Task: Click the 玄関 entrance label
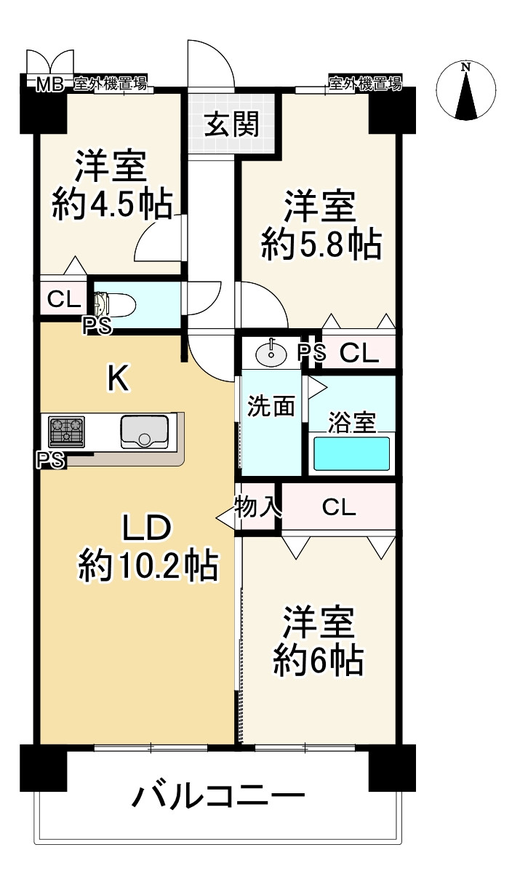pos(232,124)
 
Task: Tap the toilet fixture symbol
pos(116,304)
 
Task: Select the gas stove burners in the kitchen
pos(66,432)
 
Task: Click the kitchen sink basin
pos(144,432)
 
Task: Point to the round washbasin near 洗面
pos(271,352)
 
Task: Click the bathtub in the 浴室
pos(351,453)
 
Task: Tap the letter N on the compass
pos(466,68)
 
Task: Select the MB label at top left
pos(49,84)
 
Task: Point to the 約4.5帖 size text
pos(113,204)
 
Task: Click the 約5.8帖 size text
pos(321,245)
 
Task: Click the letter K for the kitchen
pos(119,378)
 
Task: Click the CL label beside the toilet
pos(64,299)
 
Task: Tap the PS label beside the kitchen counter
pos(50,459)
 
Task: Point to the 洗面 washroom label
pos(271,406)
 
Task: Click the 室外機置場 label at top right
pos(365,84)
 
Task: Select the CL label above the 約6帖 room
pos(339,507)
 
